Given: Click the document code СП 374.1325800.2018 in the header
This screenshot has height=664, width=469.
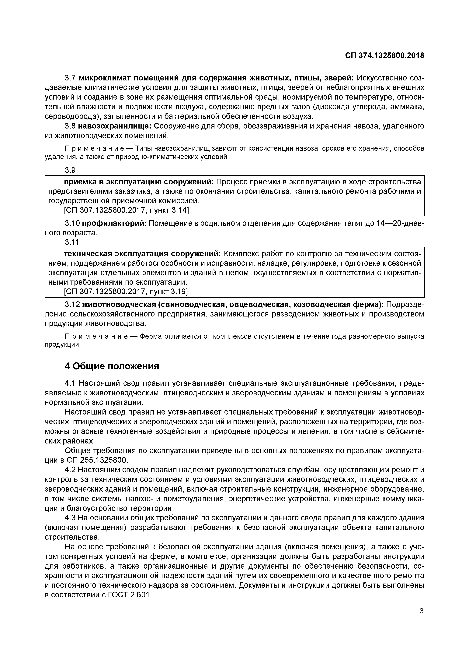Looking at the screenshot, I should point(384,55).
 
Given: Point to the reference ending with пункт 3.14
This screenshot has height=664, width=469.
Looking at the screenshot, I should point(126,210).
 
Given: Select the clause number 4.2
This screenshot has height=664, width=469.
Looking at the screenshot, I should point(70,469).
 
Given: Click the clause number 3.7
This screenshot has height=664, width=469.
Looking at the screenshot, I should point(70,78).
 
